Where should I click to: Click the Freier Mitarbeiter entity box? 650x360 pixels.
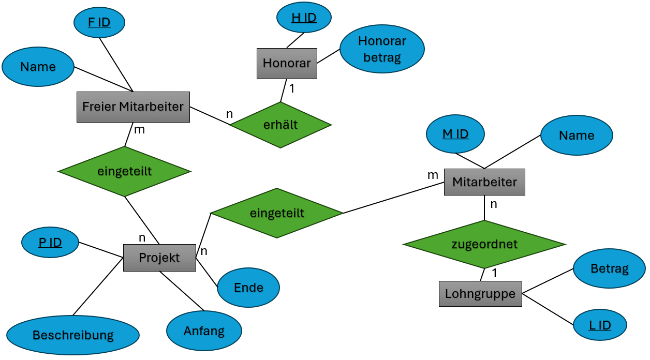[133, 107]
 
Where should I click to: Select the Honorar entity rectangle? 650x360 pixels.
[287, 64]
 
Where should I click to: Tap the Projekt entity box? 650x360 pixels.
[159, 258]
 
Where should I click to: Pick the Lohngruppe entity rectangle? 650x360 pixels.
[480, 294]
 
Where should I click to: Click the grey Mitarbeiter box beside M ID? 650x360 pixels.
[484, 182]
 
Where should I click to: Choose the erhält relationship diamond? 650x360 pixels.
[280, 125]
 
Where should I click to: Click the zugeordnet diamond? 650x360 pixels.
[484, 244]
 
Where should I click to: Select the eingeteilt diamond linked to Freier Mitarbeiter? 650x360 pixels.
[125, 171]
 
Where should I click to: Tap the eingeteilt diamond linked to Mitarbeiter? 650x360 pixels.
[277, 213]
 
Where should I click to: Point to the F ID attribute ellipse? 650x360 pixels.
[99, 23]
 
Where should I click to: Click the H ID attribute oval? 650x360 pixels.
[304, 18]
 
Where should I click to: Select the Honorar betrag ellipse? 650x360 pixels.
[382, 49]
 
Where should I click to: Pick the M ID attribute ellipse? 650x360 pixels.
[455, 134]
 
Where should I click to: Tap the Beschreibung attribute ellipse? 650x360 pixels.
[73, 335]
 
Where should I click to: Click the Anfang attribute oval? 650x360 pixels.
[204, 331]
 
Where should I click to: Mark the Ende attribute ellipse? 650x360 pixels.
[248, 288]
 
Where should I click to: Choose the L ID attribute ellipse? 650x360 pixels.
[600, 325]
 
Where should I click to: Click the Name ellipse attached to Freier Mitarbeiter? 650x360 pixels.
[38, 67]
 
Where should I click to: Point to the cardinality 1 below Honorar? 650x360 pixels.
[292, 88]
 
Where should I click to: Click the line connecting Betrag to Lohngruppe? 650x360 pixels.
[548, 281]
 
